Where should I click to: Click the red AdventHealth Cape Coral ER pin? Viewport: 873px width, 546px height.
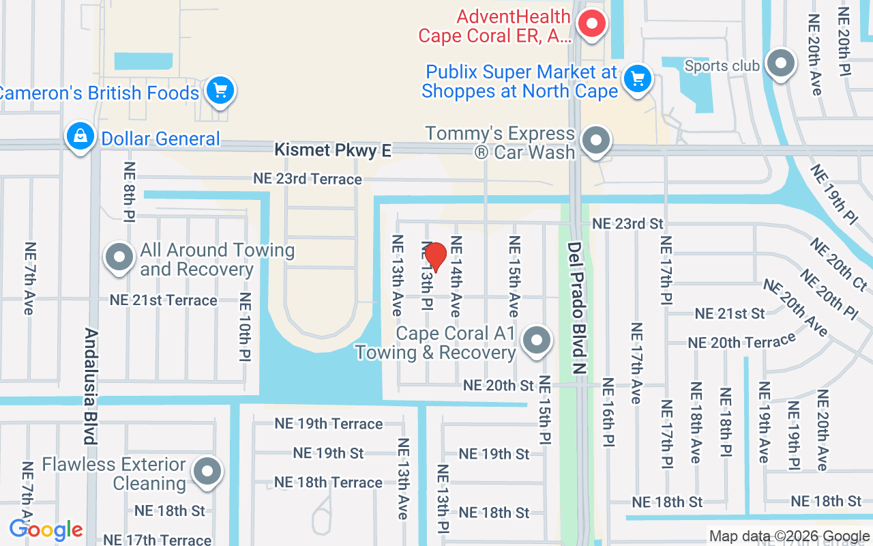pos(592,25)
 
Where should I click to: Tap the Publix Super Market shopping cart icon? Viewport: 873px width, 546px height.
pos(638,78)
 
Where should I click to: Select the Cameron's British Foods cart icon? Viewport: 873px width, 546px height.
pos(220,89)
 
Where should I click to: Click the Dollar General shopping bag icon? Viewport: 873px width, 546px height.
pos(80,135)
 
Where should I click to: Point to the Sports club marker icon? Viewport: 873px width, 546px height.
pos(781,63)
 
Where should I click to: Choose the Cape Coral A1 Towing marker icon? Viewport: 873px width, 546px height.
pos(537,339)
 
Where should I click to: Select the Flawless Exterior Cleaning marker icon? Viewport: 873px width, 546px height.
pos(207,471)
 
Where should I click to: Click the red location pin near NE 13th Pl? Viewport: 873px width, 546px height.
pos(435,256)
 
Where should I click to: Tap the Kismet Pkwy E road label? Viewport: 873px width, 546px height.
pos(333,150)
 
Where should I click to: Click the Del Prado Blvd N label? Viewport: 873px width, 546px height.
pos(577,308)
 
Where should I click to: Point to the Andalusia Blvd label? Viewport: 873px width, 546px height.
pos(91,386)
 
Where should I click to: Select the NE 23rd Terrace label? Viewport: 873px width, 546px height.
pos(308,179)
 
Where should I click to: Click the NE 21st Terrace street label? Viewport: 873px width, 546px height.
pos(164,300)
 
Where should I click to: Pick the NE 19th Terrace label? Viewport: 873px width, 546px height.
pos(329,424)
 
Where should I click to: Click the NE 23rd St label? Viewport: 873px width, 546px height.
pos(627,224)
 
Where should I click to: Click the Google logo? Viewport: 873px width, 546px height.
pos(46,530)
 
